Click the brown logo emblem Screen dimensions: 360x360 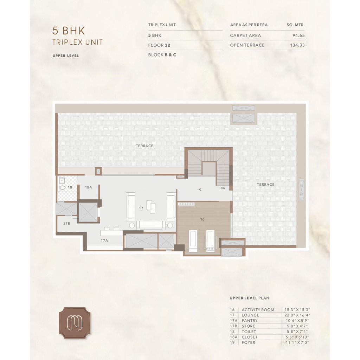click(x=75, y=323)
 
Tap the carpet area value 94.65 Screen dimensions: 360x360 click(x=298, y=36)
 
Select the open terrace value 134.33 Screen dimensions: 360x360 click(x=297, y=45)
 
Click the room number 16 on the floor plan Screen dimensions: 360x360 click(x=202, y=219)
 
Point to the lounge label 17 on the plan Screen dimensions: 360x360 click(x=141, y=208)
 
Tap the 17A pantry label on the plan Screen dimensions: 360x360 click(x=104, y=240)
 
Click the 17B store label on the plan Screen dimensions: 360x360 click(x=66, y=223)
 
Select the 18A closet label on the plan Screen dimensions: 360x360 click(x=88, y=187)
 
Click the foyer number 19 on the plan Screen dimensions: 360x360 click(x=199, y=190)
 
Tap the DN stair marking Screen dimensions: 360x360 click(x=223, y=188)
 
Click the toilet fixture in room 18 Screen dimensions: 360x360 click(x=62, y=188)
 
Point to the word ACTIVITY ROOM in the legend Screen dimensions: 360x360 click(x=258, y=310)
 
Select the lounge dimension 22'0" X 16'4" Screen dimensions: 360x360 click(x=297, y=315)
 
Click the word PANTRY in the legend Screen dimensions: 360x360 click(x=250, y=321)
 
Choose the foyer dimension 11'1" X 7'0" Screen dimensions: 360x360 click(x=297, y=342)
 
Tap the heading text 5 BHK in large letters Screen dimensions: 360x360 click(x=69, y=31)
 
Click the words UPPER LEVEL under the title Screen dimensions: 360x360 click(x=66, y=56)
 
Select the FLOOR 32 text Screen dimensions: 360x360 click(x=159, y=45)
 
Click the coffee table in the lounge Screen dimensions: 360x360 click(x=151, y=206)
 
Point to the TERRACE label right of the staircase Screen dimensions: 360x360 click(x=266, y=185)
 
